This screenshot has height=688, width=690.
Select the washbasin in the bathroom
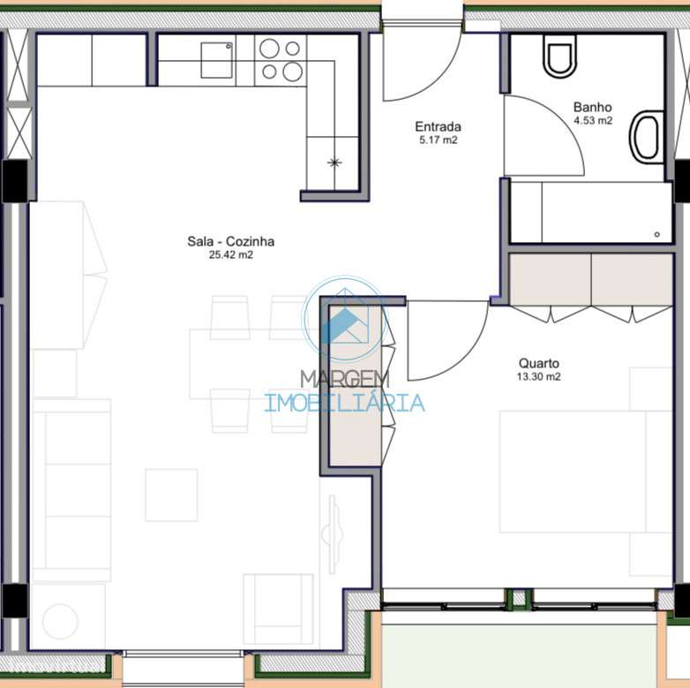(x=647, y=137)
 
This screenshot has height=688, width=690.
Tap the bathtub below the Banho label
(x=590, y=213)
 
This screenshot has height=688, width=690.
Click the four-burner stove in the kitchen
(x=281, y=60)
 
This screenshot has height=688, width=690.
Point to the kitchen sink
(x=217, y=60)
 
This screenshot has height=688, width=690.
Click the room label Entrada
(x=438, y=126)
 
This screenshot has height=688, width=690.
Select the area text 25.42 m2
(x=230, y=255)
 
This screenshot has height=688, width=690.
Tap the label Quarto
(x=538, y=363)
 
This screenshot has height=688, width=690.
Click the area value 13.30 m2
(x=538, y=376)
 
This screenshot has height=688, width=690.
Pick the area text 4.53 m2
(x=592, y=121)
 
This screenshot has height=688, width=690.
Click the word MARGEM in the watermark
(x=344, y=379)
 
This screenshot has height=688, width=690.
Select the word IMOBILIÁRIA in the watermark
(x=344, y=404)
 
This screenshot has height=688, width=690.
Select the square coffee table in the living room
(x=171, y=495)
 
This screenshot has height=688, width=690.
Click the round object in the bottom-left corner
(x=60, y=621)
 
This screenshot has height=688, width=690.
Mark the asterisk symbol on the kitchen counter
(x=334, y=162)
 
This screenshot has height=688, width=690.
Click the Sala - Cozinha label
(x=230, y=241)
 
